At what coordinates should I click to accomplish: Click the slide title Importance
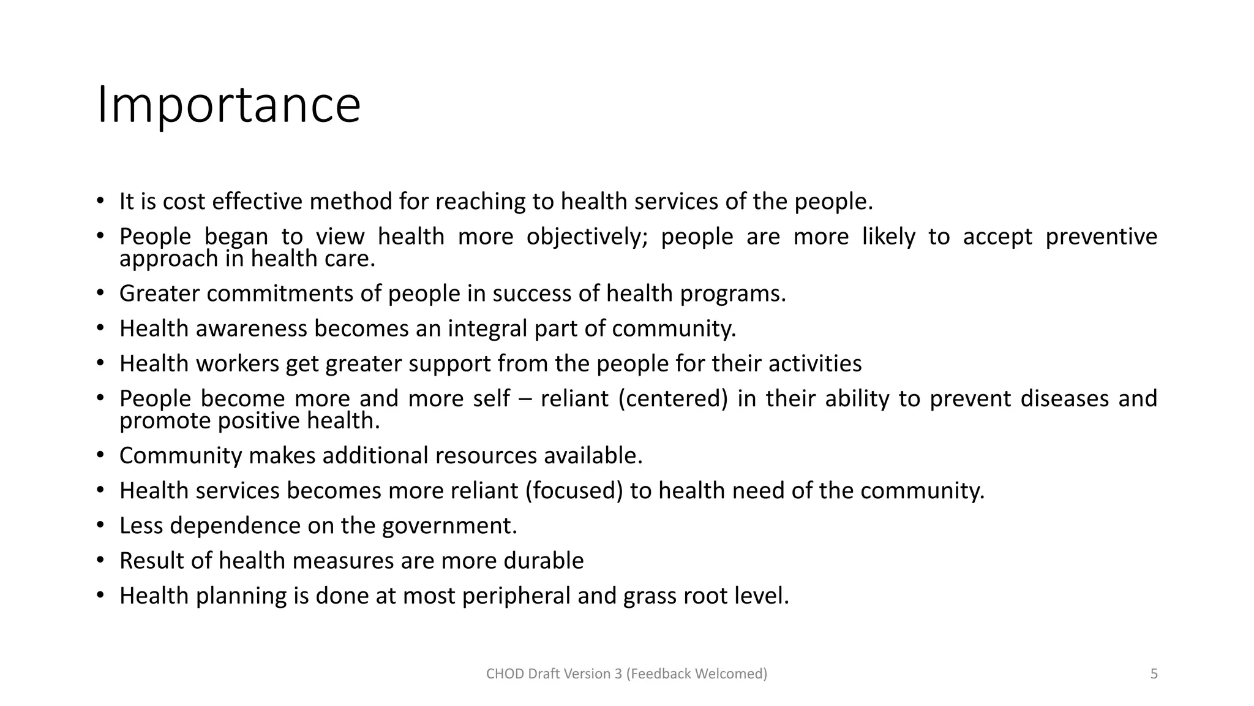pos(229,105)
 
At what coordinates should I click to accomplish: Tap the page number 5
pos(1154,674)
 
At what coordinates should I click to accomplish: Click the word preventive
pos(1101,237)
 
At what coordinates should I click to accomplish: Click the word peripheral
pos(516,595)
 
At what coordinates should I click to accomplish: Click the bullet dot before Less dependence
pos(100,525)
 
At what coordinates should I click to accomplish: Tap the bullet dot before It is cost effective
pos(100,201)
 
